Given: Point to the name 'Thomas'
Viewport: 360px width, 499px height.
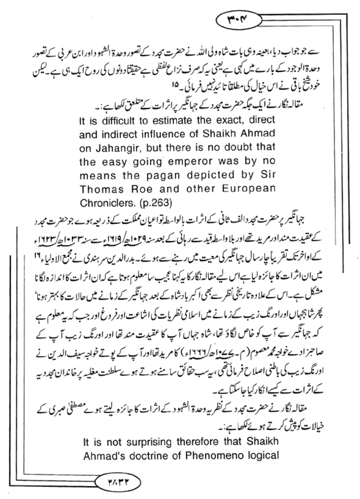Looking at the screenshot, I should [x=99, y=189].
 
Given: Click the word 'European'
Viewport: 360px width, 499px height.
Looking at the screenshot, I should [x=249, y=189].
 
